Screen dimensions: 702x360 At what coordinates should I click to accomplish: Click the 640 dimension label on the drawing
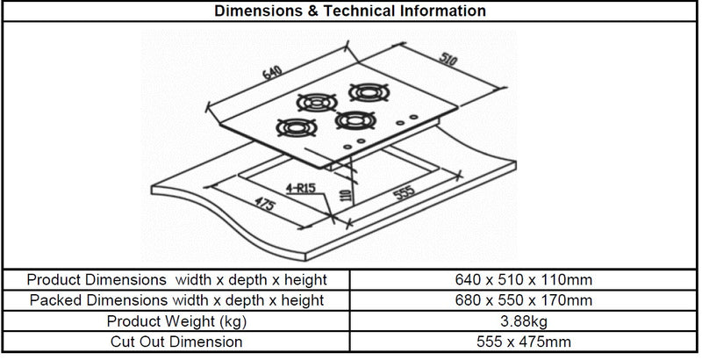273,72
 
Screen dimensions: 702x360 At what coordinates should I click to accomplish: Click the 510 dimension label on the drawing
448,59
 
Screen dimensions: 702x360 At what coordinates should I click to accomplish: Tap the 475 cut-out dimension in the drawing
266,205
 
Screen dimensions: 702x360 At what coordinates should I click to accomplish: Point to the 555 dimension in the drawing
404,192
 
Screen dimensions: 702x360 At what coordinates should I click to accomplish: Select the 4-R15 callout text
300,188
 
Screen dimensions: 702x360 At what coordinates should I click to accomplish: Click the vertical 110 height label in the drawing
345,195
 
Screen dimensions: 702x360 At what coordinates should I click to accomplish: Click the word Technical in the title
360,11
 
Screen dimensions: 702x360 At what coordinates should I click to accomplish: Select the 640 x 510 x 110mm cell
523,280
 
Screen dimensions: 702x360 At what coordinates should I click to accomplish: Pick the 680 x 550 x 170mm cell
523,300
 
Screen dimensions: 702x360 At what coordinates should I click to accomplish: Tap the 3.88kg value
523,321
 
